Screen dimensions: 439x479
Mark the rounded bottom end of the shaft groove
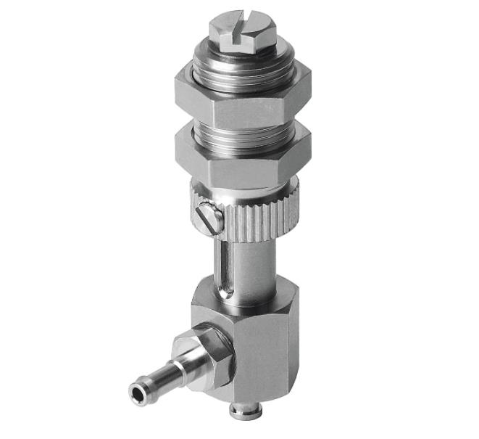pyautogui.click(x=224, y=293)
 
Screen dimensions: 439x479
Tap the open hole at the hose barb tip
pyautogui.click(x=137, y=393)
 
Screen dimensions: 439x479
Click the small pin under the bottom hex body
pyautogui.click(x=238, y=411)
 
